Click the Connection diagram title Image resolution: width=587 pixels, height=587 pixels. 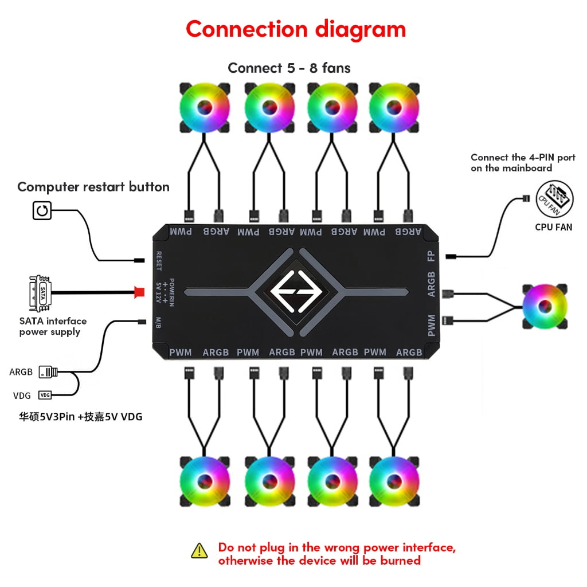click(295, 29)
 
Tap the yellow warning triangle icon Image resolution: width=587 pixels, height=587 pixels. click(199, 550)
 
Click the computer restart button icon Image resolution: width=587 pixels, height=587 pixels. click(42, 210)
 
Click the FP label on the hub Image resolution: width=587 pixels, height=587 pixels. click(431, 256)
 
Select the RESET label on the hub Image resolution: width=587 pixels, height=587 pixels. click(159, 260)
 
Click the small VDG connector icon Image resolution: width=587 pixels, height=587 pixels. click(45, 395)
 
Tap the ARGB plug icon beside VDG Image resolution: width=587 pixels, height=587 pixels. click(48, 373)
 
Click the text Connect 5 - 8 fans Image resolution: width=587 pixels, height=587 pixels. click(289, 68)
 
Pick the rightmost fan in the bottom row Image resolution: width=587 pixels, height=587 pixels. click(394, 480)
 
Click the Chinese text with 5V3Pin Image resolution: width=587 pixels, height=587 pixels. click(80, 417)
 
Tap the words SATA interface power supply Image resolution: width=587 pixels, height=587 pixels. click(52, 326)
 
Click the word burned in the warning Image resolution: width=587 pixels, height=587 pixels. click(400, 561)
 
